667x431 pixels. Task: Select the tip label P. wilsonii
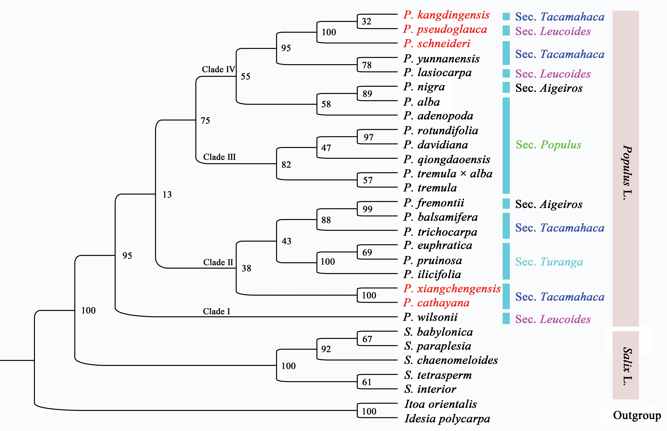tap(430, 317)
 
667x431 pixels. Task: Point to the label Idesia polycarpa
tap(447, 419)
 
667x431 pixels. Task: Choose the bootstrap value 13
tap(167, 194)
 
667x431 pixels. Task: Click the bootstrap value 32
tap(366, 21)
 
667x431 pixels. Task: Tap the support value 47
tap(326, 148)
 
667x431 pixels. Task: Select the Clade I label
tap(216, 311)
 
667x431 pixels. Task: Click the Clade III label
tap(219, 157)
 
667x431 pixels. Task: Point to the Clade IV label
tap(218, 69)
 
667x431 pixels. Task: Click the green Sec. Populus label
tap(548, 145)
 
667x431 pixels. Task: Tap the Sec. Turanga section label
tap(549, 262)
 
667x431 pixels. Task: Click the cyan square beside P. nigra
tap(506, 87)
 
